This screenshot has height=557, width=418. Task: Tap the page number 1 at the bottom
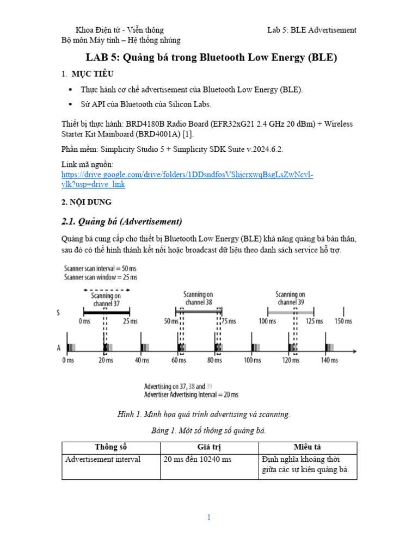click(208, 517)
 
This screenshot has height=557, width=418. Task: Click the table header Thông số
click(110, 447)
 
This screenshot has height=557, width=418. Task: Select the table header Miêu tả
click(308, 447)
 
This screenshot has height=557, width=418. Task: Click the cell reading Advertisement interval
click(103, 459)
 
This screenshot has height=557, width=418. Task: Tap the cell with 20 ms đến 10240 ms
click(198, 459)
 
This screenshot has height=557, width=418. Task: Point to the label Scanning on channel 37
click(106, 300)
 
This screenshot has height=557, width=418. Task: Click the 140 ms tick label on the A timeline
click(330, 360)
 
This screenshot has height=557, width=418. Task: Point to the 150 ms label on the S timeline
click(343, 321)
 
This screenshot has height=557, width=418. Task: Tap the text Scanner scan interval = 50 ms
click(101, 268)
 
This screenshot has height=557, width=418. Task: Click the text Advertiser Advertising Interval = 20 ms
click(191, 394)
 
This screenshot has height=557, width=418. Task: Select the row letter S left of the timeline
click(58, 313)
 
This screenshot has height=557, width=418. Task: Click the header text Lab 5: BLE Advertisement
click(312, 30)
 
